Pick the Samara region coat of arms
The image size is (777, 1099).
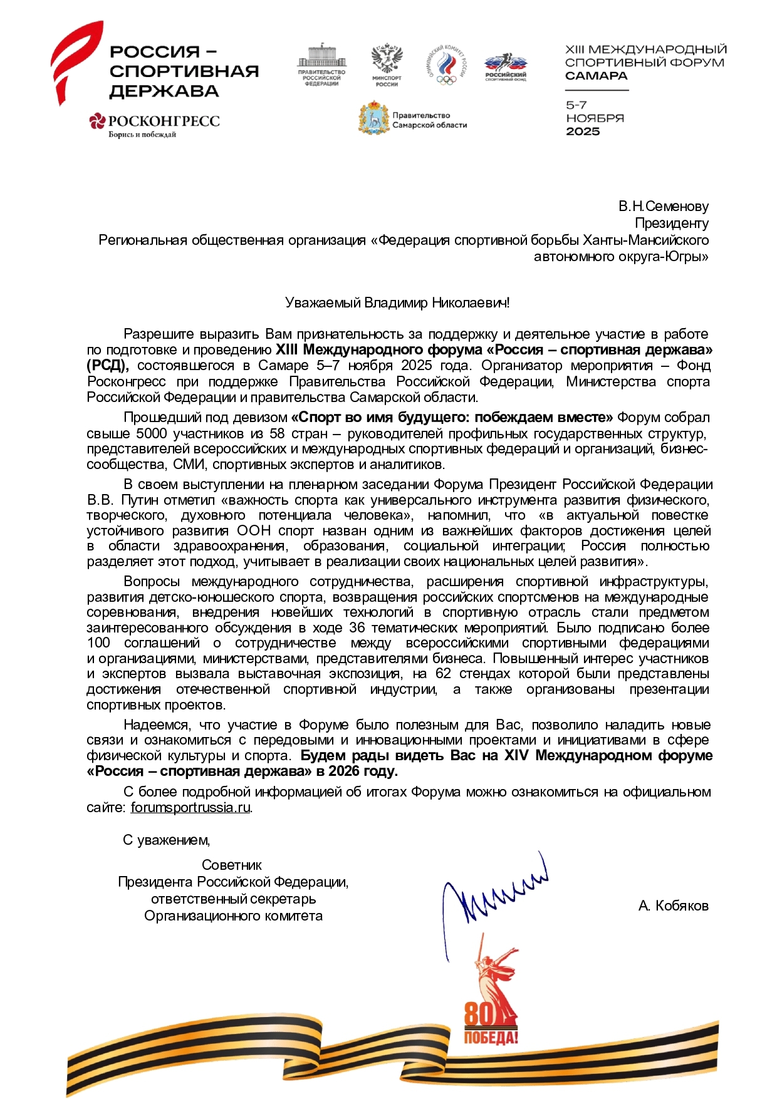tap(374, 118)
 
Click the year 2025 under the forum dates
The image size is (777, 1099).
tap(583, 132)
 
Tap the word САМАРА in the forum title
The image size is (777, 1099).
tap(596, 76)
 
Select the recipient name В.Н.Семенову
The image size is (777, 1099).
tap(663, 206)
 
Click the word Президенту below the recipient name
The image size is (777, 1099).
tap(671, 223)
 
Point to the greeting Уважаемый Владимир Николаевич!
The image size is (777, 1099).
tap(397, 303)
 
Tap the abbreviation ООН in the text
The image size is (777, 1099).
tap(254, 531)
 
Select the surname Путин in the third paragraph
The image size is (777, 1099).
tap(140, 500)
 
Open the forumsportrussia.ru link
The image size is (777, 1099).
tap(190, 808)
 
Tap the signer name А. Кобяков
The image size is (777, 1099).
tap(673, 906)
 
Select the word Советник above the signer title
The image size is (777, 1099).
tap(232, 865)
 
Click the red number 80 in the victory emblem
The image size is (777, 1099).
tap(479, 1014)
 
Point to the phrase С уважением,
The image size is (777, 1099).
tap(166, 840)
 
